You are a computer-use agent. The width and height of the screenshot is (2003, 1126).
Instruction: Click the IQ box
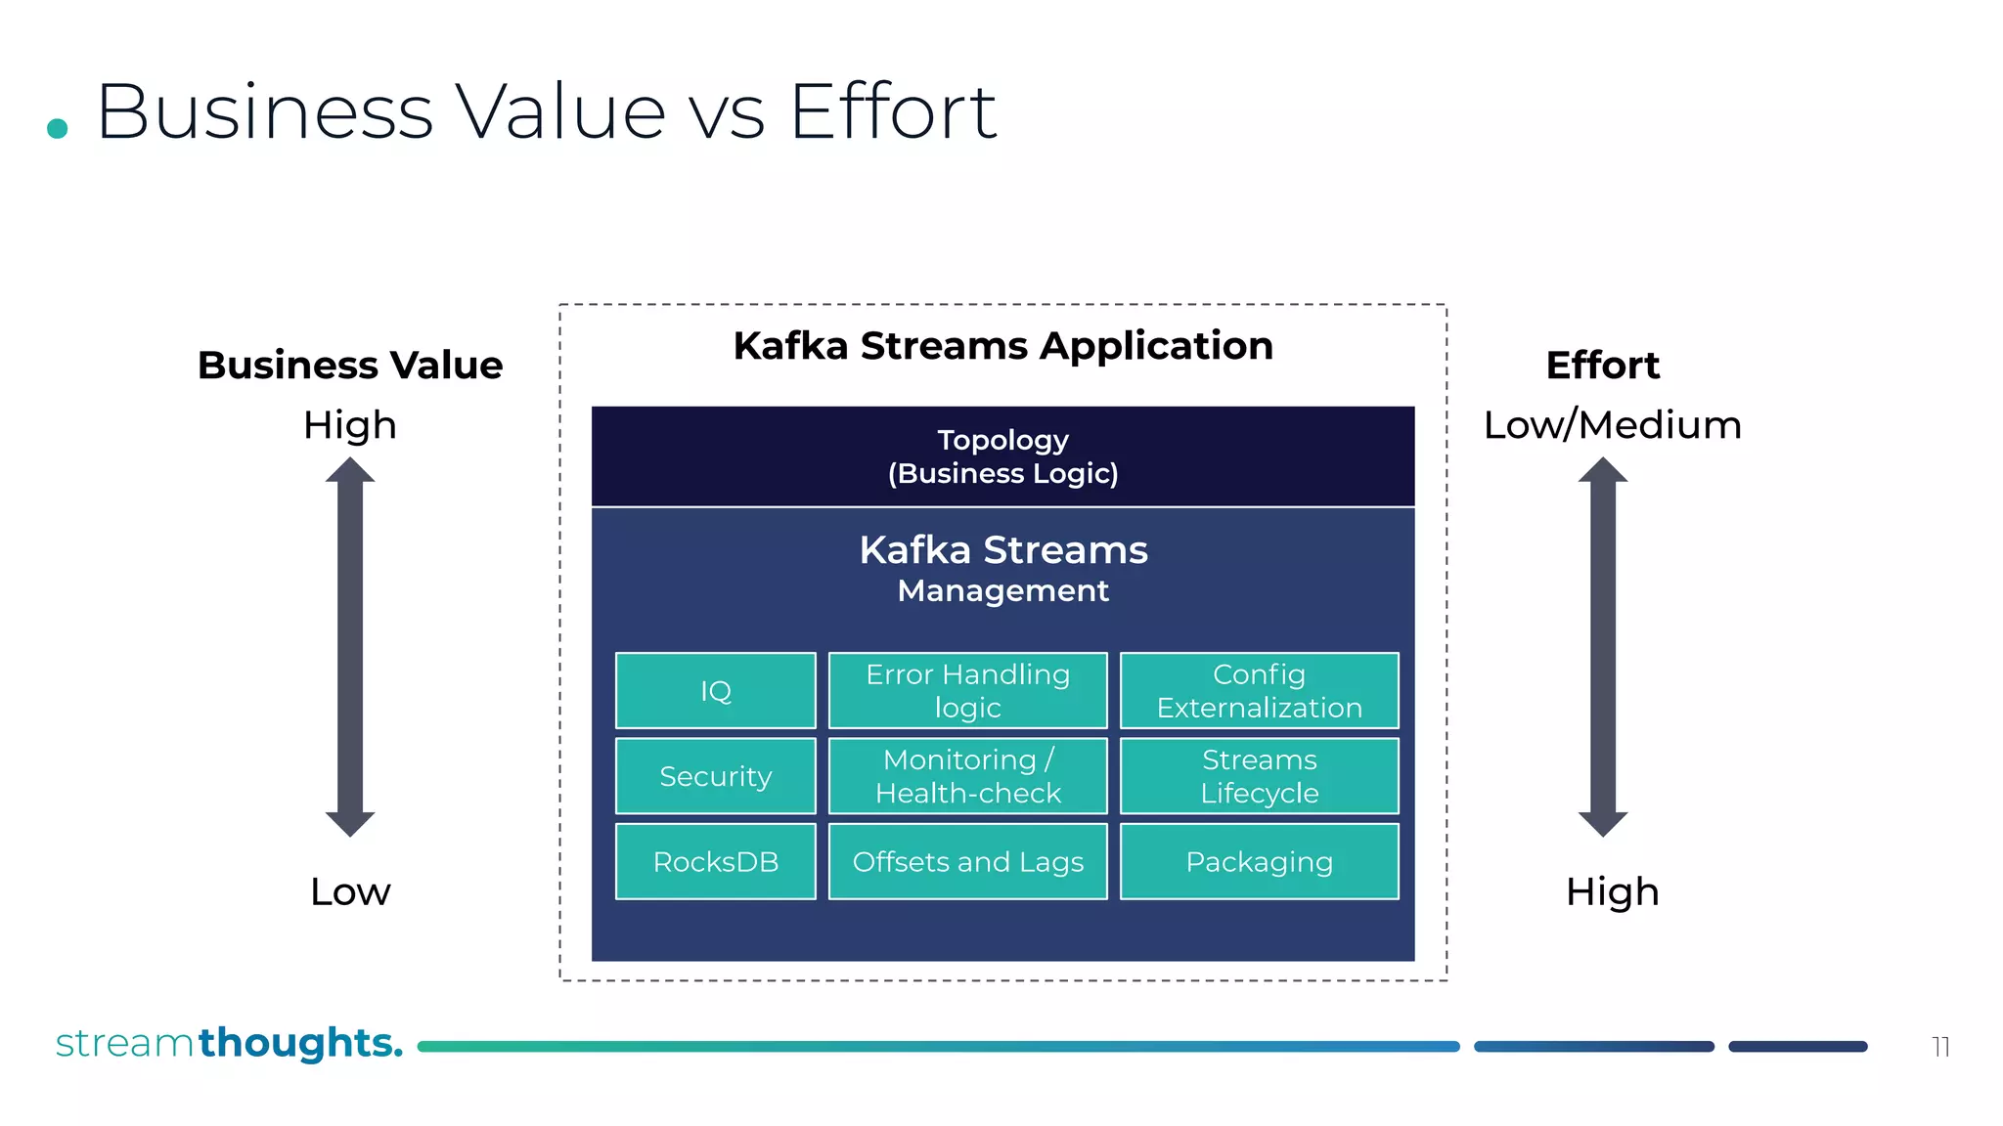[715, 690]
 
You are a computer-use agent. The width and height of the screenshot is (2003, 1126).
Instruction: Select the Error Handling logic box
[967, 690]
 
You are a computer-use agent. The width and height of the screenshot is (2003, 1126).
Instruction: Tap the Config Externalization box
[1259, 690]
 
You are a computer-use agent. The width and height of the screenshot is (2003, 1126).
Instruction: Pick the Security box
[715, 776]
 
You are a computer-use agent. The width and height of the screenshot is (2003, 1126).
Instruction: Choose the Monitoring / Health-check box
[967, 776]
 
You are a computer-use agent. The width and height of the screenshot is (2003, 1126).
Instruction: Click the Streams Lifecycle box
[1259, 776]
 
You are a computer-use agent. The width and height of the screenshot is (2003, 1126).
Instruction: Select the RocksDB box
[715, 861]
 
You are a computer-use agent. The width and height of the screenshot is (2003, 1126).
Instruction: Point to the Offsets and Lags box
[967, 861]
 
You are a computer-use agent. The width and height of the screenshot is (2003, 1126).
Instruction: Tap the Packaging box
[1259, 861]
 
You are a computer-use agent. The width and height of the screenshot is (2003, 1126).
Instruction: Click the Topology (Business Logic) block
[1002, 456]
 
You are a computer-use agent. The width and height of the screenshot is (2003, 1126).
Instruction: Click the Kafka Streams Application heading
[1002, 346]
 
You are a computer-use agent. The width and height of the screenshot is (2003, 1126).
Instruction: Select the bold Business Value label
[350, 366]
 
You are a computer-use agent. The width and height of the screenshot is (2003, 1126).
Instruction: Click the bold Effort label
[1602, 366]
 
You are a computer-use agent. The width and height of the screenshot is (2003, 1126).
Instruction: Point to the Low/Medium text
[1612, 425]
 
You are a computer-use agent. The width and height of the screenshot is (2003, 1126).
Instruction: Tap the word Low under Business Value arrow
[350, 891]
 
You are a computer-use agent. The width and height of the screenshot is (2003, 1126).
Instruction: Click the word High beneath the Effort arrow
[1612, 891]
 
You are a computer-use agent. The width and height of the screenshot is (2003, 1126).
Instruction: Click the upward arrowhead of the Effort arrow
[1602, 470]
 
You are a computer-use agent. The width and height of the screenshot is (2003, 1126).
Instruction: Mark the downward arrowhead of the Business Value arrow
[350, 823]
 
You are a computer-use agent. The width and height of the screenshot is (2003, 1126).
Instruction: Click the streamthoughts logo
[229, 1043]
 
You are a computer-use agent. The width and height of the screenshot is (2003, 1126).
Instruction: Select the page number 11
[1940, 1047]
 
